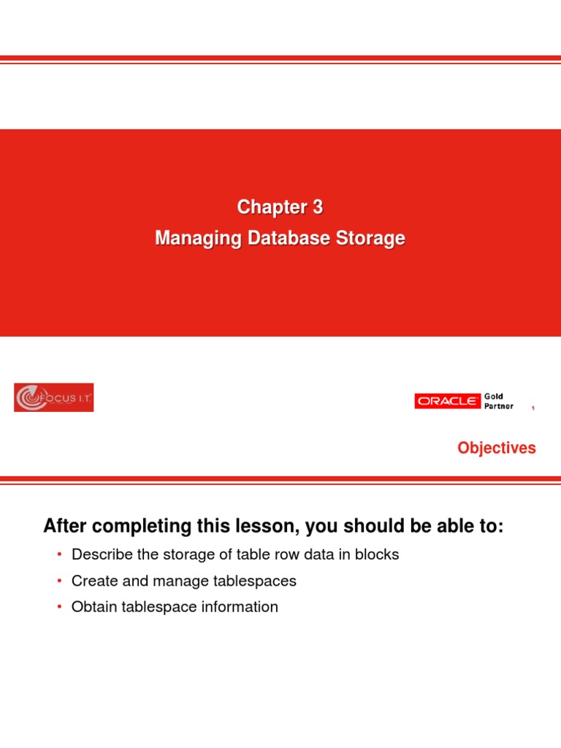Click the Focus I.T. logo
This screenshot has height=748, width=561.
[53, 398]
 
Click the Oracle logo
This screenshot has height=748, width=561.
[448, 401]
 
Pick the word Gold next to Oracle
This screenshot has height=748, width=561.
[495, 396]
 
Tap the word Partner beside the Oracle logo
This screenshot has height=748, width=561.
[499, 406]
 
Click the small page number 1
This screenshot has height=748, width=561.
[533, 409]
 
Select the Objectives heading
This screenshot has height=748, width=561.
[497, 448]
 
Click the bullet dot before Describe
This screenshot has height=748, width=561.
[59, 555]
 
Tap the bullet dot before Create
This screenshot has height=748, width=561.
[59, 581]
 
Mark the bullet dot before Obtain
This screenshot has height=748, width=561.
[59, 607]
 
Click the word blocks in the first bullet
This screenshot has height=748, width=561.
[376, 554]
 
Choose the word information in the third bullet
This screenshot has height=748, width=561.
[242, 606]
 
